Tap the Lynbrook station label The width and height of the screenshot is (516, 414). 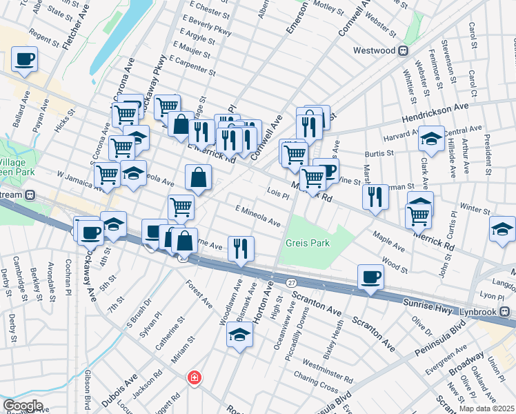(480, 311)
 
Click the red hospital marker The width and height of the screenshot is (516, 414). (195, 377)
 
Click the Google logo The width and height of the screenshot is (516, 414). (23, 406)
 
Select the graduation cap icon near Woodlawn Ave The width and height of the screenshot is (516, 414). (239, 335)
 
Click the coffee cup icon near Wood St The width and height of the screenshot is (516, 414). (370, 277)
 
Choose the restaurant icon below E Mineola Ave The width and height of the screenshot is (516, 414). (241, 248)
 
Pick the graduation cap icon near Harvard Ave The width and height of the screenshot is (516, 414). (431, 139)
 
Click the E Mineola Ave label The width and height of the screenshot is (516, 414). (257, 216)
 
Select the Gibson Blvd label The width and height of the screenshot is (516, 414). (88, 389)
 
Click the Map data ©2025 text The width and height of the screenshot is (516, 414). (486, 408)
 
